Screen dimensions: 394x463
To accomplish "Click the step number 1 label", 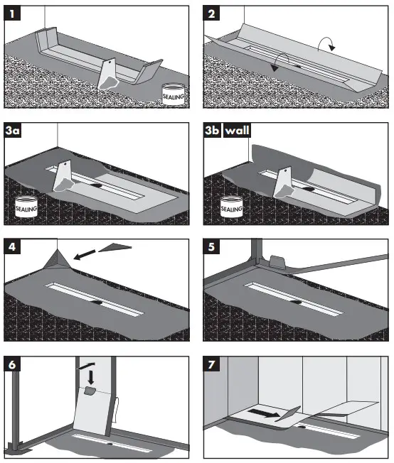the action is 12,13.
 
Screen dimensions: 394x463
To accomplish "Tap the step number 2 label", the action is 211,13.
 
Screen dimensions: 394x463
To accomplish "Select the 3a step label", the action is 12,130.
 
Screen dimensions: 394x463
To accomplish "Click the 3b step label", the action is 212,130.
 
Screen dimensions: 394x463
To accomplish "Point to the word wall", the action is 238,130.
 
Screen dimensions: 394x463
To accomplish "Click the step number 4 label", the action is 12,246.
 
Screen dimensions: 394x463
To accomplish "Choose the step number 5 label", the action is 211,246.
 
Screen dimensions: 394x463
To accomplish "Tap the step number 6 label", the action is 12,364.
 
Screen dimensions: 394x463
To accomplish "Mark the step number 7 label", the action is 211,364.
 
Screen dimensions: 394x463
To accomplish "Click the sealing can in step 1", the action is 174,94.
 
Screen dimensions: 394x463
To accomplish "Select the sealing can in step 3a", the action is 26,207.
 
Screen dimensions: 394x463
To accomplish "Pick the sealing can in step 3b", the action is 232,207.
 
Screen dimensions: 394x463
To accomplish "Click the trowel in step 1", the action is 108,75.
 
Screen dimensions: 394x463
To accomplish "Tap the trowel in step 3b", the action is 284,183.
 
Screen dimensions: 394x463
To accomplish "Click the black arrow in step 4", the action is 85,255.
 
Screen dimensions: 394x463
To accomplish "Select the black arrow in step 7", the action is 264,413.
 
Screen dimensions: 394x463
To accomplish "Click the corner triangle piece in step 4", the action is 58,260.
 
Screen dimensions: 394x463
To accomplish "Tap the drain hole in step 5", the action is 296,302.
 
